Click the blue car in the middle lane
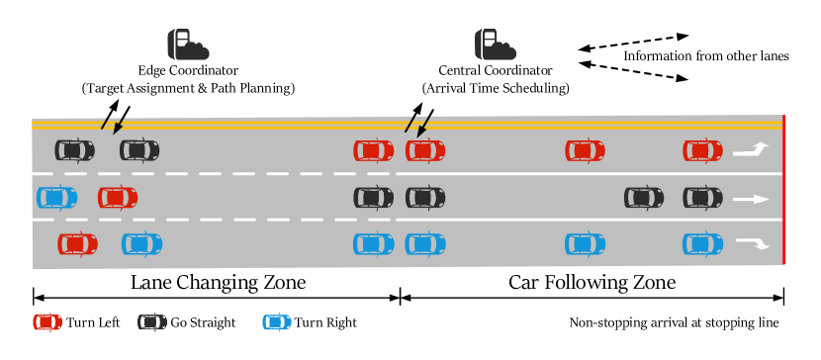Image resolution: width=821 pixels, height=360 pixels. tap(56, 198)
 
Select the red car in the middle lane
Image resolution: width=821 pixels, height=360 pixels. tap(118, 198)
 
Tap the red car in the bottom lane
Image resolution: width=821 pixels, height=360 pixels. tap(77, 244)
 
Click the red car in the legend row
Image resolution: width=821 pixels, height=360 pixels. tap(47, 322)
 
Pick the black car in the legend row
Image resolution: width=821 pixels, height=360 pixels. tap(152, 322)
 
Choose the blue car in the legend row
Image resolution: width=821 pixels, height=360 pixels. tap(277, 322)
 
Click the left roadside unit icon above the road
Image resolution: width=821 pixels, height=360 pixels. tap(187, 45)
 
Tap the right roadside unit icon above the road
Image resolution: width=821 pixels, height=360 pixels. tap(495, 45)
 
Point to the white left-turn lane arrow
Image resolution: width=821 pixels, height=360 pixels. tap(751, 150)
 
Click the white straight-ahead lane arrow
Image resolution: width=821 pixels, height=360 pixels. tap(751, 199)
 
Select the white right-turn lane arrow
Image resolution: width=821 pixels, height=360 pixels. tap(752, 243)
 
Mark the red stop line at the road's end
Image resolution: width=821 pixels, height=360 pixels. tap(783, 190)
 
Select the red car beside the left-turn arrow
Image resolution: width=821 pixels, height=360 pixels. tap(702, 151)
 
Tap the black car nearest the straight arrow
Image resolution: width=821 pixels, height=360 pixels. tap(702, 198)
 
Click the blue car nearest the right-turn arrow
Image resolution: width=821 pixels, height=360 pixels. tap(702, 244)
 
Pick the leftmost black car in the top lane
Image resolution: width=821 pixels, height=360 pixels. tap(74, 150)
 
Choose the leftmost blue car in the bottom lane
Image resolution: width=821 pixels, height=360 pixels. tap(141, 244)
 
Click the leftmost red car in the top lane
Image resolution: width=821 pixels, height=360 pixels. tap(373, 151)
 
